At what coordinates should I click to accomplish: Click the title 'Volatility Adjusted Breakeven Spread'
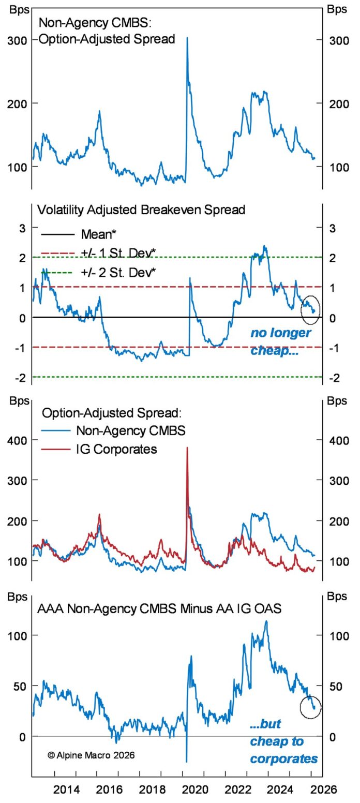(x=141, y=210)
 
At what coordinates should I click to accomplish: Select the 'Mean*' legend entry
(x=98, y=234)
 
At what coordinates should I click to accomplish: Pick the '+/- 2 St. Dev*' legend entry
(x=118, y=272)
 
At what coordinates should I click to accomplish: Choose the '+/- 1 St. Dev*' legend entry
(x=118, y=252)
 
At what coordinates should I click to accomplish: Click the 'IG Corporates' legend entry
(x=116, y=449)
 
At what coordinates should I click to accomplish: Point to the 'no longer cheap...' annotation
(x=281, y=341)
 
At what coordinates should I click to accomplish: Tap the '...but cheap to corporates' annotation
(x=283, y=741)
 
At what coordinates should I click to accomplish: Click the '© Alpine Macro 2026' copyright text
(x=91, y=755)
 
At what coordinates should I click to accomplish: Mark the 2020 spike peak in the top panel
(x=187, y=38)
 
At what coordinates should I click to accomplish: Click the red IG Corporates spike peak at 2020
(x=187, y=448)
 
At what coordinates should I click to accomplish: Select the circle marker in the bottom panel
(x=310, y=706)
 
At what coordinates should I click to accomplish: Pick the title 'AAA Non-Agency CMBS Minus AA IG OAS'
(x=159, y=608)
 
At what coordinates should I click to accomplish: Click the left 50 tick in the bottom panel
(x=19, y=686)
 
